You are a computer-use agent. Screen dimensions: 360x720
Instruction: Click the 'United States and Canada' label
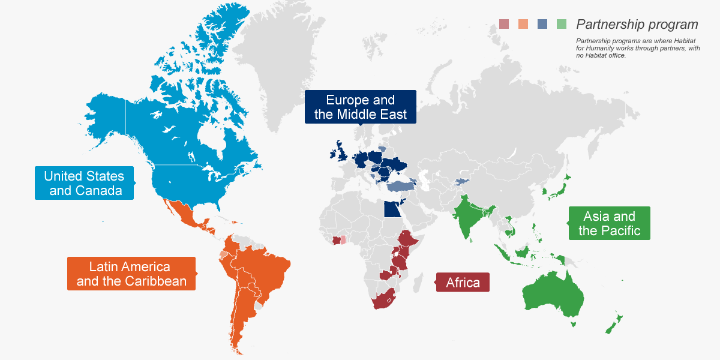pyautogui.click(x=84, y=183)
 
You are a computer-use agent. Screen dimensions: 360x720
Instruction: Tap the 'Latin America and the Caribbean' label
pyautogui.click(x=131, y=274)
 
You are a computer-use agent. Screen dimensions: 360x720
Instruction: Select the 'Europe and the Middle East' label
pyautogui.click(x=360, y=107)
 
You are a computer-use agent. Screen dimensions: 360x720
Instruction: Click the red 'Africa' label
pyautogui.click(x=463, y=282)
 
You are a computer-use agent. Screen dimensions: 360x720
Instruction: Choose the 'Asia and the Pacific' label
pyautogui.click(x=609, y=223)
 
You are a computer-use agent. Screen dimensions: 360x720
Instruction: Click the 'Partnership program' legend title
pyautogui.click(x=637, y=25)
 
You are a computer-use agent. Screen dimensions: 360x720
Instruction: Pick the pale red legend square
pyautogui.click(x=504, y=25)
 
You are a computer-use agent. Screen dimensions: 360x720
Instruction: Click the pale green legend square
pyautogui.click(x=562, y=25)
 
